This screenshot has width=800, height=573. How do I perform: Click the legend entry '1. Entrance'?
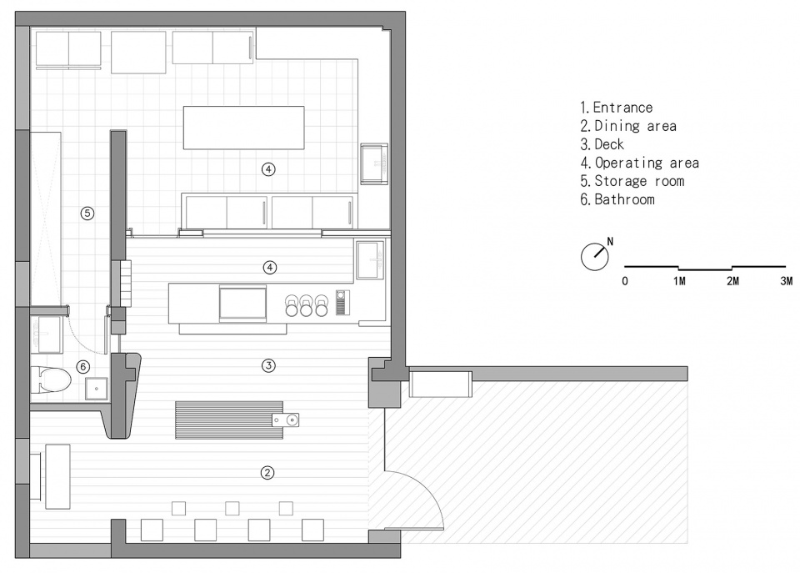tap(617, 108)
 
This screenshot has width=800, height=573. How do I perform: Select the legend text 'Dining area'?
tap(636, 126)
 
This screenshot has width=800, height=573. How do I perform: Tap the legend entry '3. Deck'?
tap(602, 144)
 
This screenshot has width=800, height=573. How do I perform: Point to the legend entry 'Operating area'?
tap(647, 163)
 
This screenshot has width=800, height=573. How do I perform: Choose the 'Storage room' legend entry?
tap(639, 181)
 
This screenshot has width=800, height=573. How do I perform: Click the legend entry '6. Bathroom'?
tap(617, 199)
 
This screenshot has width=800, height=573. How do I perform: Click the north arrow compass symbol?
tap(595, 256)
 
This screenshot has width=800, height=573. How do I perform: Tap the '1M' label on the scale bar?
tap(679, 281)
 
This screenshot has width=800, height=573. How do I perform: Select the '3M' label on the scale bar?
tap(786, 281)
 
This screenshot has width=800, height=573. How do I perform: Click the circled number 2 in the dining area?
tap(267, 473)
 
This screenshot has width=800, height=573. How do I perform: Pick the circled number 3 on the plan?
tap(268, 365)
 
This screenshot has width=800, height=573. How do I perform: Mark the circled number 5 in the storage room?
tap(87, 213)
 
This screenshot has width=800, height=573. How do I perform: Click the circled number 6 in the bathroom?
tap(82, 366)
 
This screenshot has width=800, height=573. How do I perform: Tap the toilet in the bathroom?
tap(51, 379)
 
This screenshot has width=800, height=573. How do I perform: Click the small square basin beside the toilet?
tap(96, 389)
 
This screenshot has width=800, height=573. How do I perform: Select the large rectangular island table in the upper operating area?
tap(244, 128)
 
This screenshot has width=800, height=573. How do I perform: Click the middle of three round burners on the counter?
tap(306, 305)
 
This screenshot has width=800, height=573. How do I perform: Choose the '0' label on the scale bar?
tap(625, 281)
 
